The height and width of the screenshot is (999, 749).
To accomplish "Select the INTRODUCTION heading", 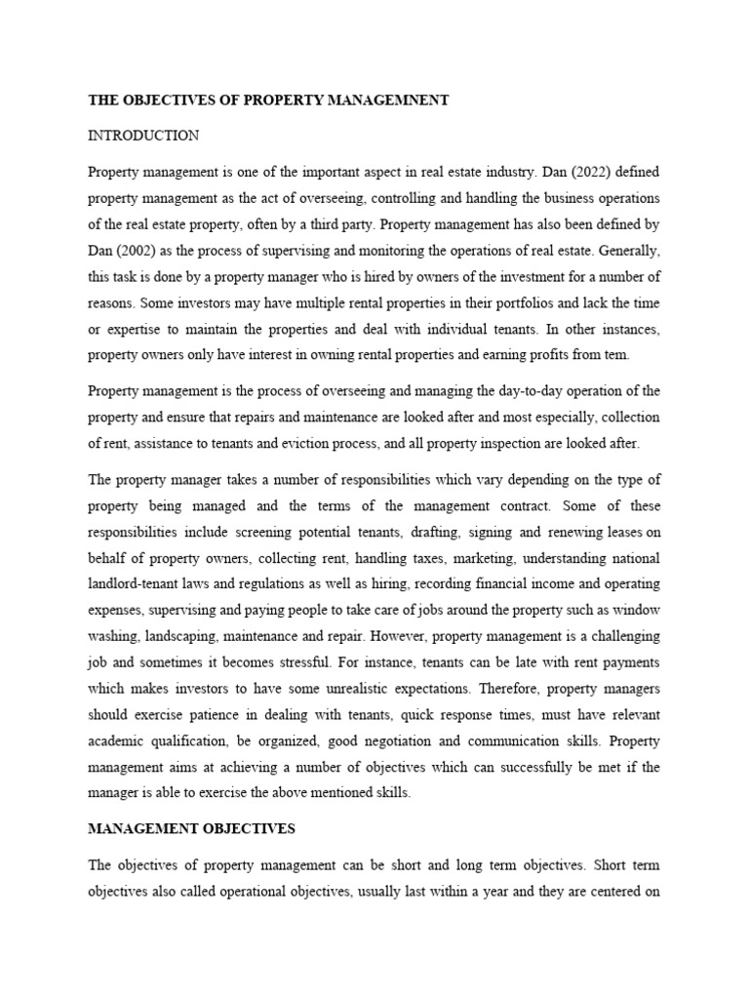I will (x=143, y=136).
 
